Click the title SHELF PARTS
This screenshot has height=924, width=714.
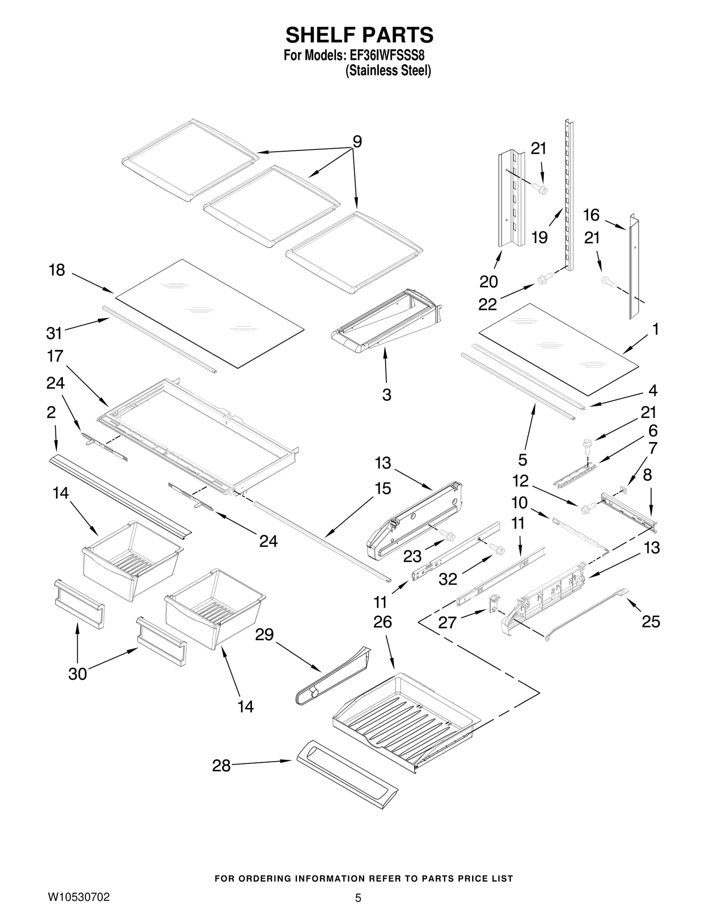[x=359, y=35]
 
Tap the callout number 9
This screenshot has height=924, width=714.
[x=357, y=141]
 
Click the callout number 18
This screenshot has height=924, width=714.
[x=57, y=270]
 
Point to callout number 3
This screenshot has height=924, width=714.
[x=386, y=394]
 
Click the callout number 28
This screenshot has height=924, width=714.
[x=221, y=766]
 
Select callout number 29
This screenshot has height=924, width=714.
[x=264, y=634]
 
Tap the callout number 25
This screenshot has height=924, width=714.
[x=651, y=622]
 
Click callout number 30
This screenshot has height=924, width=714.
[x=77, y=674]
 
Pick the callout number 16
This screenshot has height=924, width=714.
[x=591, y=215]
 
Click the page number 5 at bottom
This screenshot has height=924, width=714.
[x=358, y=898]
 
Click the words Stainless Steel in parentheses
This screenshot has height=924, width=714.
[x=388, y=70]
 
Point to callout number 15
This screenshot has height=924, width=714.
[x=382, y=489]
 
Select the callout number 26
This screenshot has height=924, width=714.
[x=382, y=622]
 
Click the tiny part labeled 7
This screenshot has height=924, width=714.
[x=624, y=490]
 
